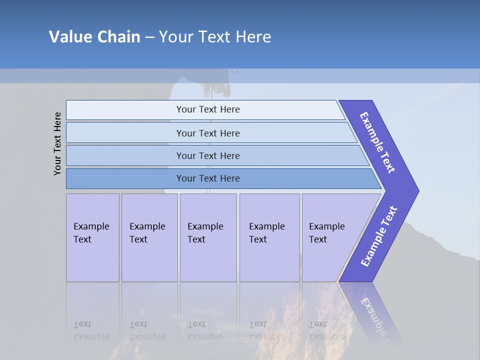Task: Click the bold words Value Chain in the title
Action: [94, 37]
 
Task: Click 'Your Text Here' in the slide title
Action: [215, 37]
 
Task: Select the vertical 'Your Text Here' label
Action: [57, 143]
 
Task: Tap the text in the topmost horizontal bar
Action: [208, 109]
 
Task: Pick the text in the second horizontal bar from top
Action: [208, 133]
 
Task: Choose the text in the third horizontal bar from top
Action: [208, 155]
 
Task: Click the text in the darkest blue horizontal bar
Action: [208, 178]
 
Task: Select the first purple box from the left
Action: [92, 237]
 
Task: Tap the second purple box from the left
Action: [149, 237]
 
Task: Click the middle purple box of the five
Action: [208, 237]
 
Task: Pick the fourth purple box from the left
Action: [269, 237]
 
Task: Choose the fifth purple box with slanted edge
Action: [330, 237]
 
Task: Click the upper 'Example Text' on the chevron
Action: [377, 142]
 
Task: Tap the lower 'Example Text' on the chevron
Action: [379, 236]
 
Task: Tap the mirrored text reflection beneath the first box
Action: [91, 330]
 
